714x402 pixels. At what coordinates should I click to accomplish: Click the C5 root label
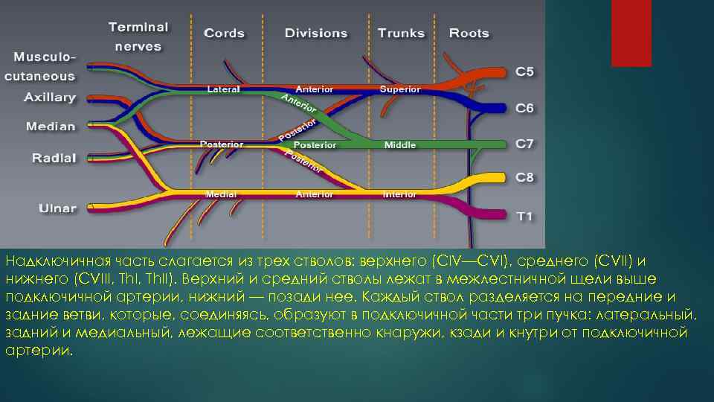pyautogui.click(x=524, y=71)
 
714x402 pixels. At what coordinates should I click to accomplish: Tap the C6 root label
pyautogui.click(x=524, y=108)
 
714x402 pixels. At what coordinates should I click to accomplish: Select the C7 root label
pyautogui.click(x=524, y=144)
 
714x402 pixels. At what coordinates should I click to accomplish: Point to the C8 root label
pyautogui.click(x=524, y=178)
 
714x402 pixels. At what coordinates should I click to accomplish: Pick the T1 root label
pyautogui.click(x=524, y=217)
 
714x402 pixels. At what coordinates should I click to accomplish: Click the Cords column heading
pyautogui.click(x=224, y=33)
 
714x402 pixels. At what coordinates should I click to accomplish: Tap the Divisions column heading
pyautogui.click(x=316, y=33)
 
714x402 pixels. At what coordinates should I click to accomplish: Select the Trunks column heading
pyautogui.click(x=401, y=33)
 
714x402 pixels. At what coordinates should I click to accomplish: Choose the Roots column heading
pyautogui.click(x=469, y=33)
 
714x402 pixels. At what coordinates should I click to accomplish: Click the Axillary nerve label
pyautogui.click(x=50, y=98)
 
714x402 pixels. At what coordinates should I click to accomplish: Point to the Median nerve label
pyautogui.click(x=51, y=127)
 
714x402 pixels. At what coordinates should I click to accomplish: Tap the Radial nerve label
pyautogui.click(x=54, y=158)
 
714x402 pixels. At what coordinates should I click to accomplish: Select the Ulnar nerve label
pyautogui.click(x=57, y=208)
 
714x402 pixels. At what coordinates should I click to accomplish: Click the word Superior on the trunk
pyautogui.click(x=400, y=89)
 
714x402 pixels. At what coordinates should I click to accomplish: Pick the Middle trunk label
pyautogui.click(x=400, y=145)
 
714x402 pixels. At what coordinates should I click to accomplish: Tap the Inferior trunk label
pyautogui.click(x=399, y=195)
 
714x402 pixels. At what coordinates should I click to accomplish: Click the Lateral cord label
pyautogui.click(x=223, y=89)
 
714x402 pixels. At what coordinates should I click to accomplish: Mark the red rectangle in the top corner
pyautogui.click(x=631, y=33)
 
